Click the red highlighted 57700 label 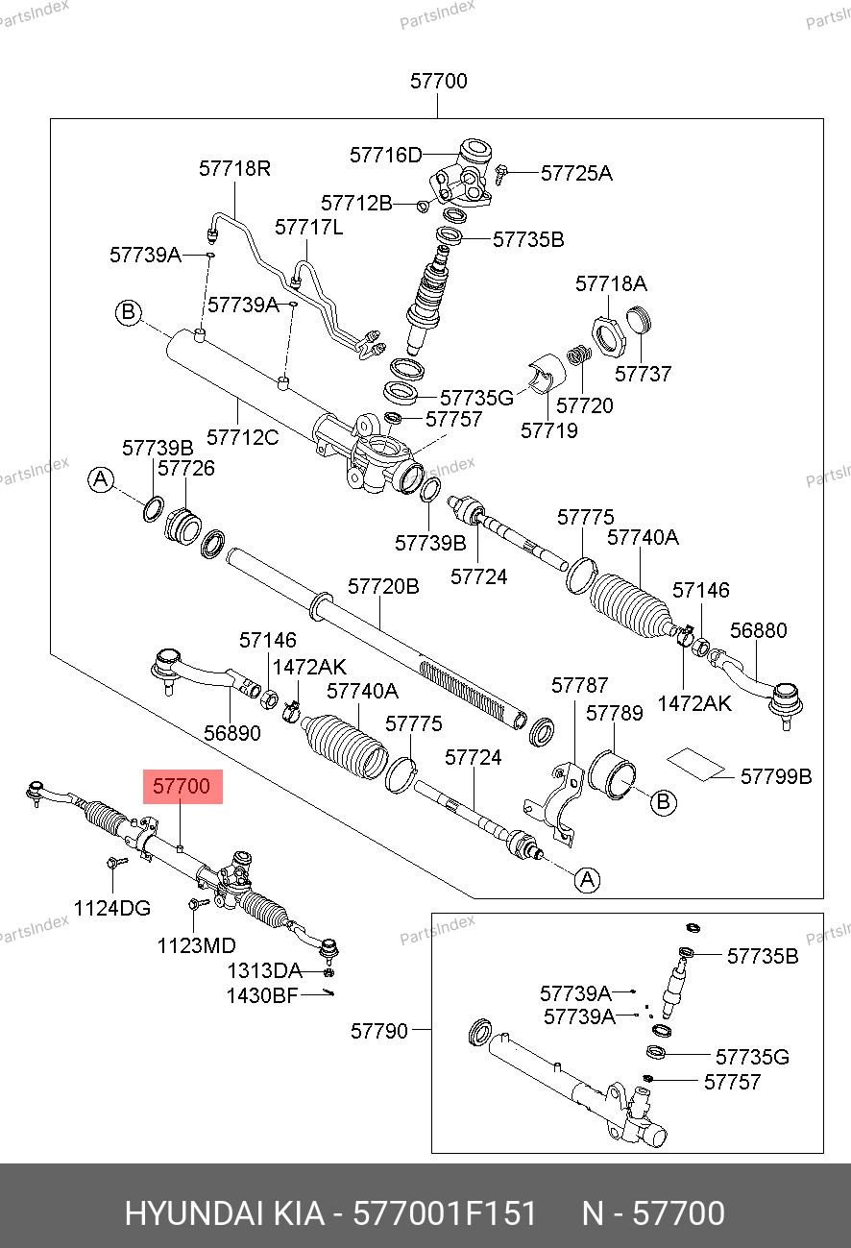[182, 787]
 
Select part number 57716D [385, 155]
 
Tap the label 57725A [576, 173]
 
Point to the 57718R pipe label [234, 169]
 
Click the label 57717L [308, 228]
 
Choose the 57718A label [611, 284]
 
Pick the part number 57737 [643, 374]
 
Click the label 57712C [243, 437]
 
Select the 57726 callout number [186, 469]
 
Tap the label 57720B [383, 586]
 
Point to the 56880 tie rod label [758, 631]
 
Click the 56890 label [231, 733]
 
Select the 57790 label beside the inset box [378, 1031]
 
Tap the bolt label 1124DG [112, 907]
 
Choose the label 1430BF [262, 996]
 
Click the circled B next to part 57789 [664, 801]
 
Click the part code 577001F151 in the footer [445, 1213]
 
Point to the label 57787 [579, 685]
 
